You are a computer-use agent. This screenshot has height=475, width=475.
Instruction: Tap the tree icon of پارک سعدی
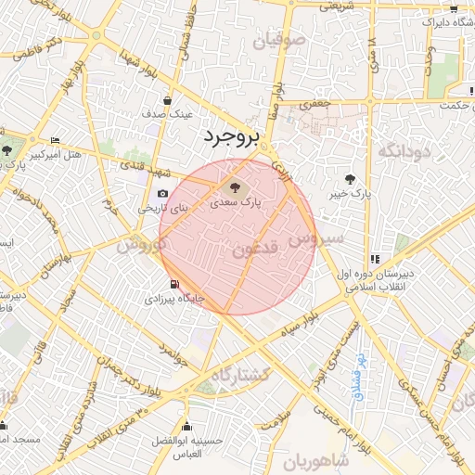231,186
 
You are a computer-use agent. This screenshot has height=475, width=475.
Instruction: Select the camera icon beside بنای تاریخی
163,194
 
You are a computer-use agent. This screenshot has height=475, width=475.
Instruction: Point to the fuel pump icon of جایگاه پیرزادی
173,285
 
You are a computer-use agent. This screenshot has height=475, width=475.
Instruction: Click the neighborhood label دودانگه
400,149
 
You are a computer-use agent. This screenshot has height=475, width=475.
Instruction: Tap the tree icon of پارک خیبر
350,179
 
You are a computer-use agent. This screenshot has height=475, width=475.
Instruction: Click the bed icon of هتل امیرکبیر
54,141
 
